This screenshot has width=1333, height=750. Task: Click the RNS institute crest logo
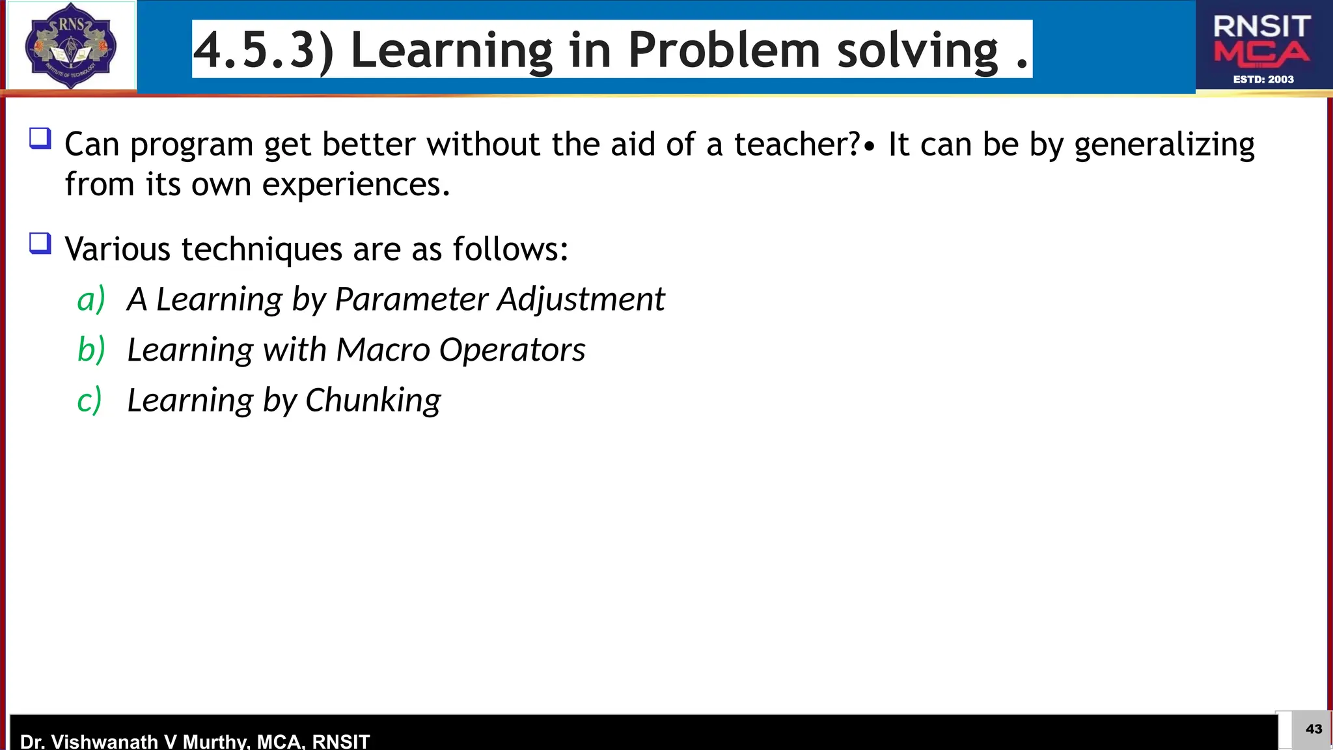[70, 46]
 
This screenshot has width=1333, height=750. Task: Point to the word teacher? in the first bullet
[797, 145]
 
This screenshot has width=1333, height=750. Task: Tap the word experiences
[355, 186]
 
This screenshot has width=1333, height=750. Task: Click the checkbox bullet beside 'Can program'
[40, 139]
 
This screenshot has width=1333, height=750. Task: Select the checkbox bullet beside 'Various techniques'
[40, 243]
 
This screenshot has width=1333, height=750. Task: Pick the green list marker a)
[90, 299]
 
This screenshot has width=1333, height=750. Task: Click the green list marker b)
[90, 350]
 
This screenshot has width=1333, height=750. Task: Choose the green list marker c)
[89, 400]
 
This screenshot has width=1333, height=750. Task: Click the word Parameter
[411, 299]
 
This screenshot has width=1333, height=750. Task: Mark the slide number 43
[1313, 729]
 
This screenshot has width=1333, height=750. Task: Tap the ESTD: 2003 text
[1263, 79]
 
